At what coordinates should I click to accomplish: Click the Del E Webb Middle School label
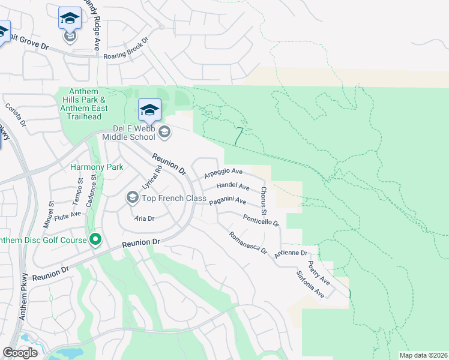[135, 133]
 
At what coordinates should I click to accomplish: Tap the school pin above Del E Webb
[149, 110]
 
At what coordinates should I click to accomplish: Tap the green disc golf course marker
[95, 241]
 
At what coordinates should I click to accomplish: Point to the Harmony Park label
[96, 167]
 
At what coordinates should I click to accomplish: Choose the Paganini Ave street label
[228, 201]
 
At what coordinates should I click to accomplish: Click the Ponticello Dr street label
[261, 220]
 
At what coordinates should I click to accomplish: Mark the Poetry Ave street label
[319, 272]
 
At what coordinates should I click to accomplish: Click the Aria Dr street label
[145, 218]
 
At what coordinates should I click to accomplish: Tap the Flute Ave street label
[67, 214]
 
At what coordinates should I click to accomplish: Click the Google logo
[20, 353]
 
